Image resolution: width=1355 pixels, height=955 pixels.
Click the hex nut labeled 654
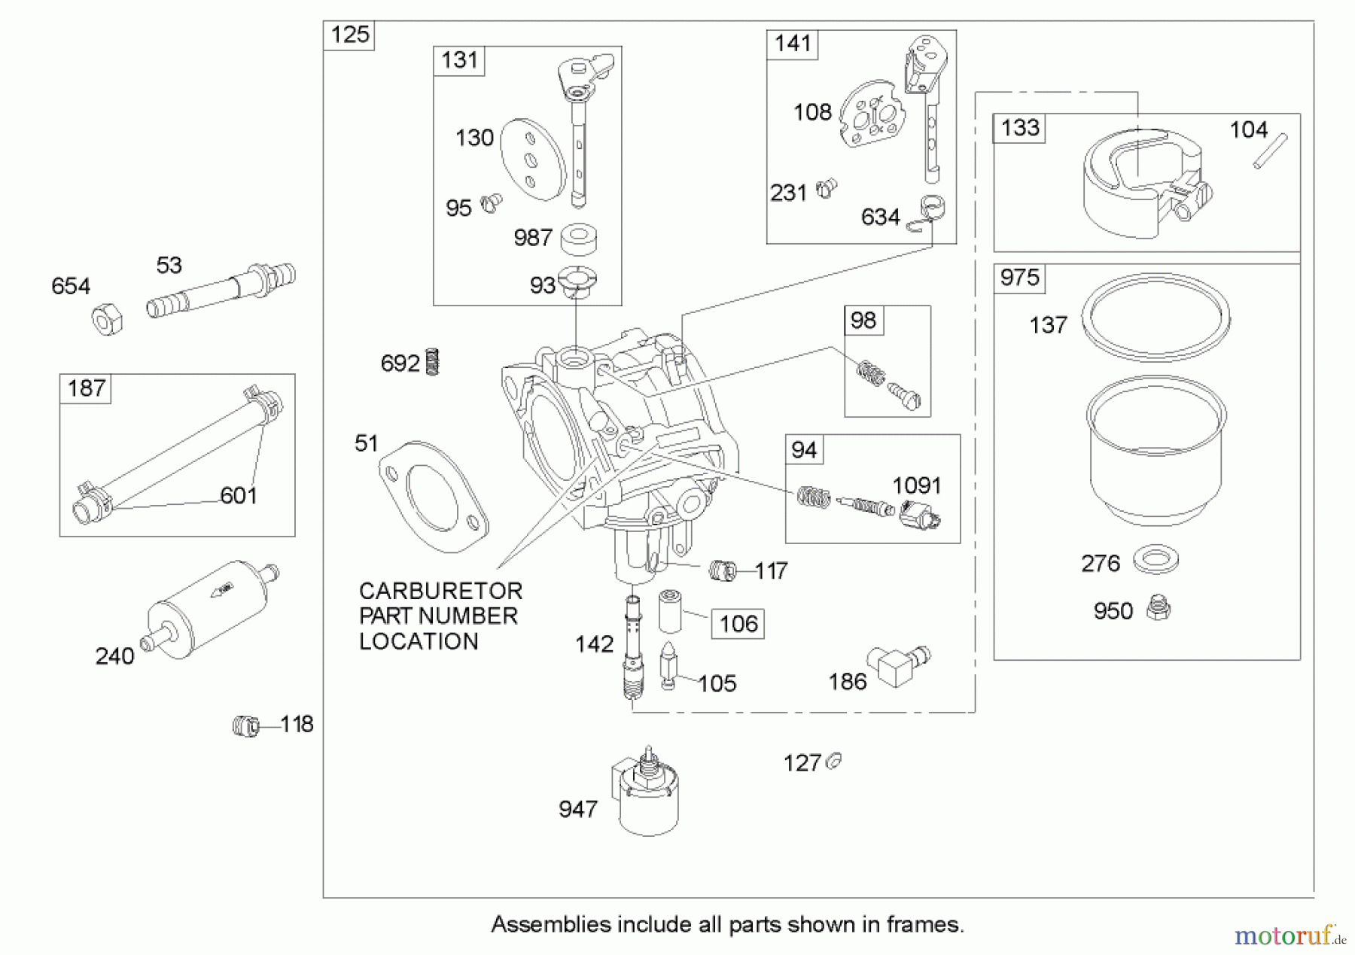point(107,319)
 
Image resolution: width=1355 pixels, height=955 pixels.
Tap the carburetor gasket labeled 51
point(433,497)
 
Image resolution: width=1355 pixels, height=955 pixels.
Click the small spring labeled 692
point(432,362)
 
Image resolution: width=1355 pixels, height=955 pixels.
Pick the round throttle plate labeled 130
point(532,160)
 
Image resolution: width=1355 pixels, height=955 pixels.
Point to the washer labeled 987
point(579,239)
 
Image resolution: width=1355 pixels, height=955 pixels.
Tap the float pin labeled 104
point(1270,151)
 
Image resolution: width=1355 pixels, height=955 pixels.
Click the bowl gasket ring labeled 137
point(1156,316)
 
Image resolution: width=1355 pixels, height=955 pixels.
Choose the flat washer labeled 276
point(1155,560)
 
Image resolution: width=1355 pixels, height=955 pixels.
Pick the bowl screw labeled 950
point(1158,608)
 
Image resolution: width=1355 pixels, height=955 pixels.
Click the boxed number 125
point(350,35)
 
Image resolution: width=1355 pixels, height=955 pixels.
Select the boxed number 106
point(738,624)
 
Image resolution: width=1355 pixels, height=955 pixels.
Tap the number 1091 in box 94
point(916,485)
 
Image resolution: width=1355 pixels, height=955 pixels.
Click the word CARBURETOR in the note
point(440,591)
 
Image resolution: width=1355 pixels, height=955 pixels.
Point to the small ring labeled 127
point(833,762)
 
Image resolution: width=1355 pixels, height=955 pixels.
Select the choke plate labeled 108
point(871,114)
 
